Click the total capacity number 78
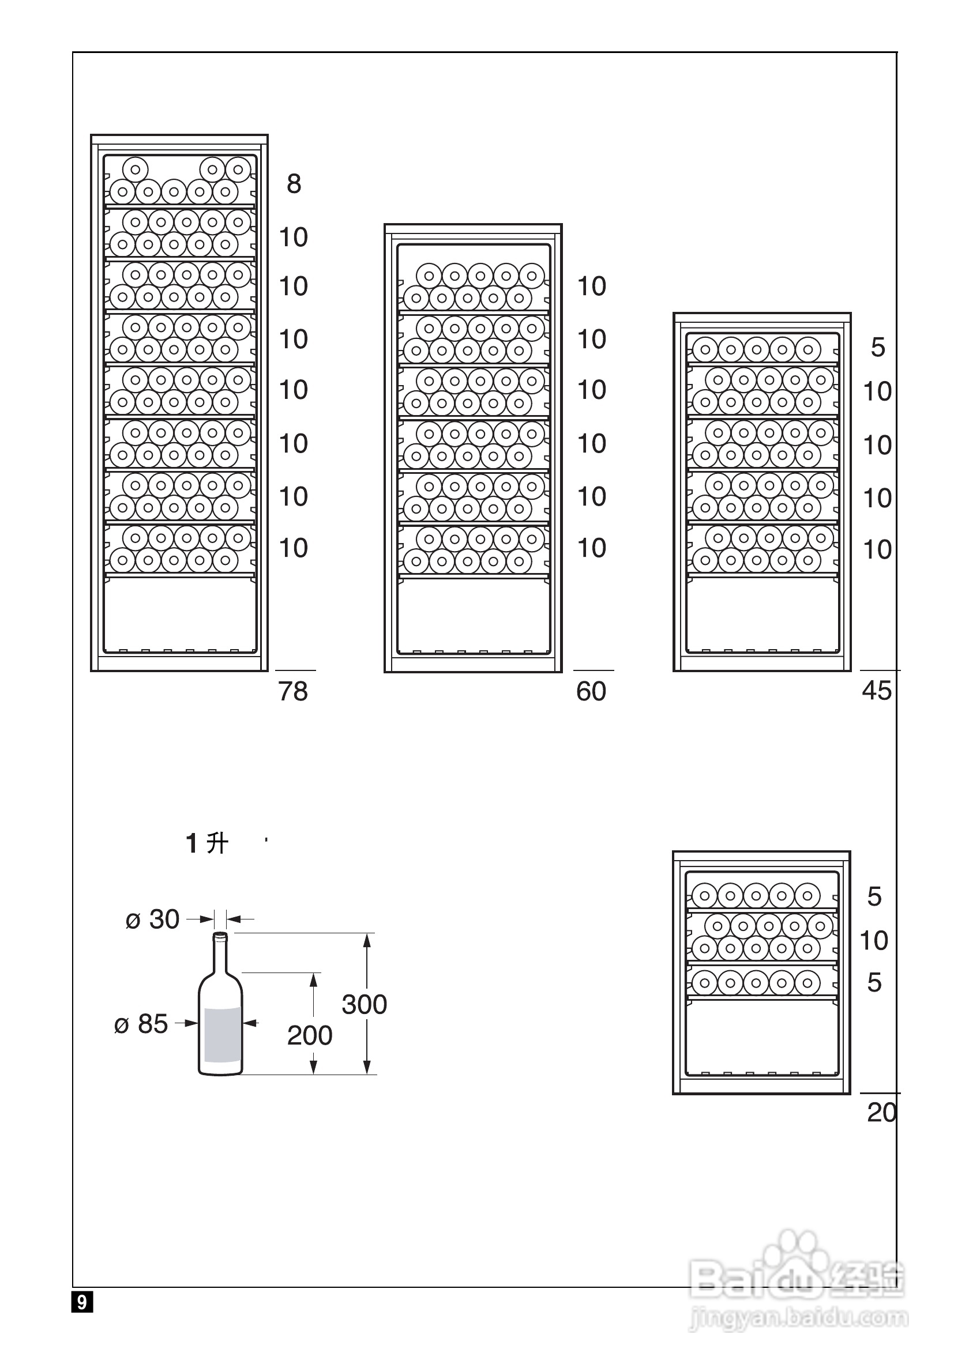293,691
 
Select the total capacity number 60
591,691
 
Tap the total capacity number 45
876,691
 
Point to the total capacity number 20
882,1113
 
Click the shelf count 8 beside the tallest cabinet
294,184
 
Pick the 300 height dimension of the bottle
364,1004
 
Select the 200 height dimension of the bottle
310,1035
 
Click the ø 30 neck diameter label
152,919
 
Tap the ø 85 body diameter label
141,1024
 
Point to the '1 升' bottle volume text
207,844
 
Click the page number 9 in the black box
82,1302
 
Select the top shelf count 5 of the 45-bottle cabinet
877,348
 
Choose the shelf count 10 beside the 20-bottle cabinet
873,941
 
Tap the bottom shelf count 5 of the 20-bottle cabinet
874,982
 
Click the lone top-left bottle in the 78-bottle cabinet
136,169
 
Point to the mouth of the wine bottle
220,935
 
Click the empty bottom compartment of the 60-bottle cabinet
473,616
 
